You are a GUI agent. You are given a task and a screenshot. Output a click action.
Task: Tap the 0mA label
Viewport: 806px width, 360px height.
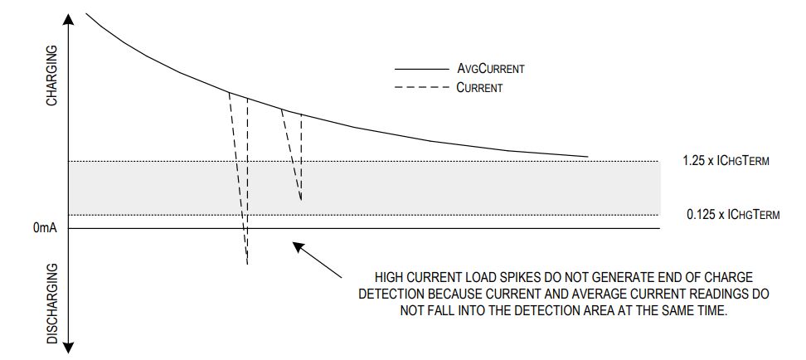pos(45,228)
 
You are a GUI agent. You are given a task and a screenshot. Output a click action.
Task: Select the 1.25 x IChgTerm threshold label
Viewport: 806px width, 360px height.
pos(727,161)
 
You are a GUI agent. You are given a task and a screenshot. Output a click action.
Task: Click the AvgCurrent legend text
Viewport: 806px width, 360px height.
pos(490,70)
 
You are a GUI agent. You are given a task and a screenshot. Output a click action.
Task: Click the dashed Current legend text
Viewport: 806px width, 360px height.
pos(479,87)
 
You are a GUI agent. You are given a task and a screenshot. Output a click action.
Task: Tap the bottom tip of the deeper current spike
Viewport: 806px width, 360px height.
pos(247,264)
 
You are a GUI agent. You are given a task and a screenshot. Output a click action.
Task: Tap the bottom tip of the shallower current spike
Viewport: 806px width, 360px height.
pos(300,200)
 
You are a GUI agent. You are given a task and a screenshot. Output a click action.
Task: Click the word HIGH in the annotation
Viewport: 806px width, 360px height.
pos(389,277)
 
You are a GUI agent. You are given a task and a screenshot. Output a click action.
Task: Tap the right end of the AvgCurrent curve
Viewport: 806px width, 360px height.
pos(587,156)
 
